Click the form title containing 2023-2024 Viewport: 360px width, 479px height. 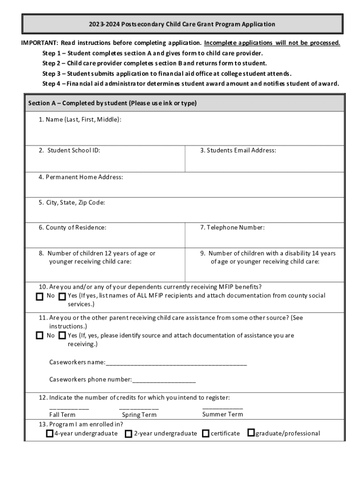click(183, 24)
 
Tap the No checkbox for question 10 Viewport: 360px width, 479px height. click(40, 296)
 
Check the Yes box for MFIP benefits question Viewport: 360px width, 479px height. click(62, 296)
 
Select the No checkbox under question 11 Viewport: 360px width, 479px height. click(40, 336)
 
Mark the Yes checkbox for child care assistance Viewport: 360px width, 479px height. click(62, 336)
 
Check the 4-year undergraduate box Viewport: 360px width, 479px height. click(50, 434)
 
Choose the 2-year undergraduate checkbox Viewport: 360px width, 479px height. click(129, 434)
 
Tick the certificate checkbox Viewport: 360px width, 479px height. click(206, 434)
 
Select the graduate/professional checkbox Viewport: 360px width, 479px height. click(251, 433)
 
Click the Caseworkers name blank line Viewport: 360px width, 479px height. click(176, 363)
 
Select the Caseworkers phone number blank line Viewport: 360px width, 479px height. click(164, 380)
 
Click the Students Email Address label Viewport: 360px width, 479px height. click(238, 151)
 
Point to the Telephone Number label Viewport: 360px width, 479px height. click(232, 228)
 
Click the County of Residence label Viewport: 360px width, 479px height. click(72, 228)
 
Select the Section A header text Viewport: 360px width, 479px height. click(112, 103)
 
